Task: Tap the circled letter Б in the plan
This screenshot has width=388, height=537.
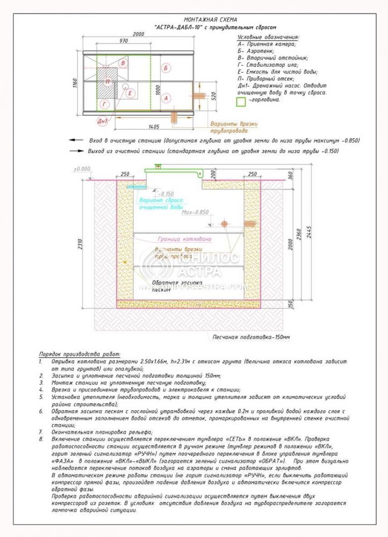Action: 166,68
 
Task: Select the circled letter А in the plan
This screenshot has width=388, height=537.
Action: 166,98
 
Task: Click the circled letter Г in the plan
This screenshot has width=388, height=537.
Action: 105,104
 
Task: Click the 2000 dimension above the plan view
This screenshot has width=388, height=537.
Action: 139,34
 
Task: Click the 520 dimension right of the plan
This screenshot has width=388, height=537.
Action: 213,97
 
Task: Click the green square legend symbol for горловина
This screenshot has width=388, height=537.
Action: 241,100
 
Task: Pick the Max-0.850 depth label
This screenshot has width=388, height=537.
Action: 195,212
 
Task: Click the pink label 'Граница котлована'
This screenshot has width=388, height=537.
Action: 184,238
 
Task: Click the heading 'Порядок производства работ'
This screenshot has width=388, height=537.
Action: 80,355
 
